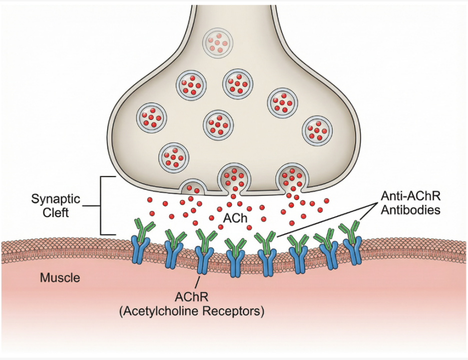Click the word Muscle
pos(60,277)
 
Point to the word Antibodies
pos(411,210)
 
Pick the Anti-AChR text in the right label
pos(411,196)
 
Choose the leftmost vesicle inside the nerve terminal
pos(152,117)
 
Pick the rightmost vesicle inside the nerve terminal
pos(318,129)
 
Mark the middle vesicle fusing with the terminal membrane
pos(232,179)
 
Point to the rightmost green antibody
pos(352,231)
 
